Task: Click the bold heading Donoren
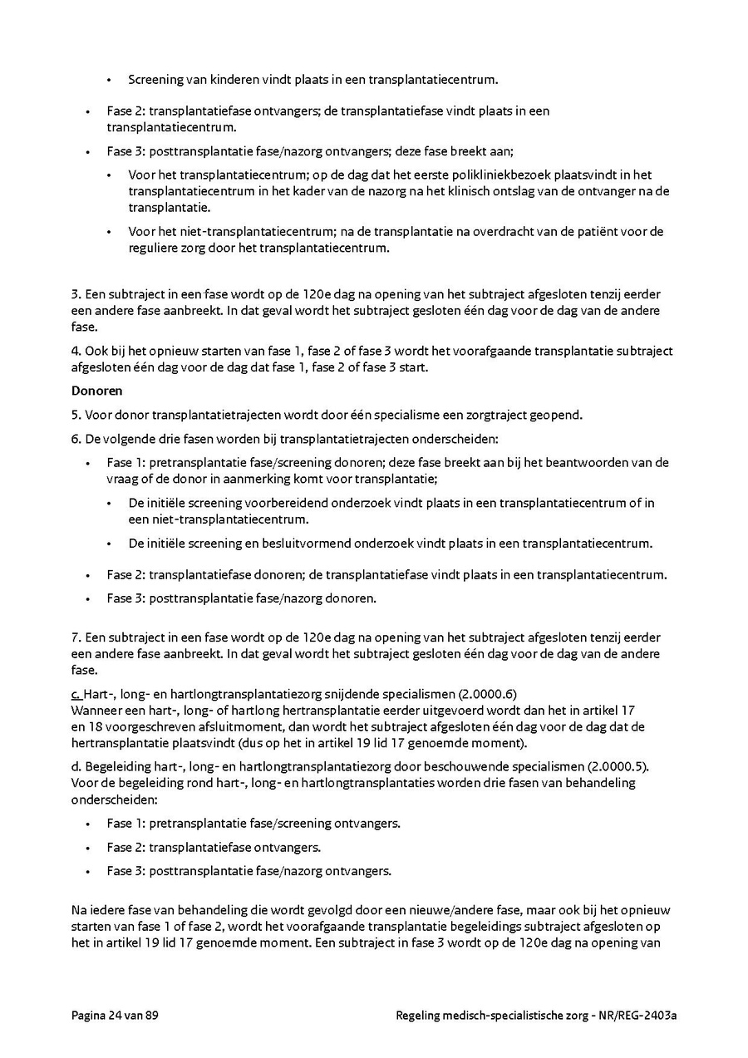click(x=96, y=391)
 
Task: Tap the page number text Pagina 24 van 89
click(x=115, y=1015)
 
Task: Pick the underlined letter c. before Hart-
click(x=76, y=694)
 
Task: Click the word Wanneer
click(x=96, y=711)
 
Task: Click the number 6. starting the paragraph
click(x=76, y=438)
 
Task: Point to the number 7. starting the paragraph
click(x=76, y=637)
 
